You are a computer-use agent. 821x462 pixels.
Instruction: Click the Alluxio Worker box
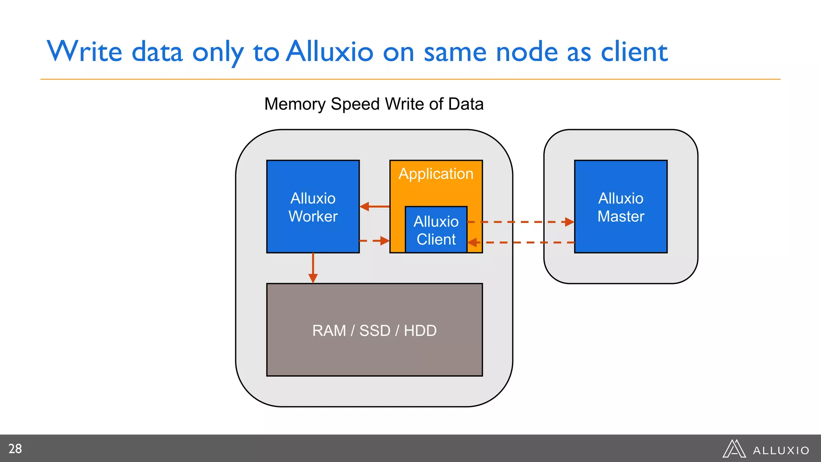313,207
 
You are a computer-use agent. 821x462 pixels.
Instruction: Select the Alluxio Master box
621,207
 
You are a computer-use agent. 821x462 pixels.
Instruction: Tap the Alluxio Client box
436,230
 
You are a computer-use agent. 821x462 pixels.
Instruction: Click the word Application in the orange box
436,174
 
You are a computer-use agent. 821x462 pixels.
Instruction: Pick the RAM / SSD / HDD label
374,330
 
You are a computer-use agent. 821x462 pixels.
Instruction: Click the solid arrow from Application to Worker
374,207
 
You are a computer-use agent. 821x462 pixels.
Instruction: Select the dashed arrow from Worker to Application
374,241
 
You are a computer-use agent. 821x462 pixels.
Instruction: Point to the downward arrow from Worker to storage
313,268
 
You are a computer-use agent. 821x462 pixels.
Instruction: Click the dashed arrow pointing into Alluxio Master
521,222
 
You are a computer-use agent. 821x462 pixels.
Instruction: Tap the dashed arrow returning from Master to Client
521,243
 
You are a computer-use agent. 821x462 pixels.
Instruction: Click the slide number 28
15,448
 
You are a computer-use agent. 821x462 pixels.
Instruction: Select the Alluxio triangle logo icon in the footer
734,449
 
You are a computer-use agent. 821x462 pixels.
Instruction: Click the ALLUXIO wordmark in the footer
781,450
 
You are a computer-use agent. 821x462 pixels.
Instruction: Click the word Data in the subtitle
466,104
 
